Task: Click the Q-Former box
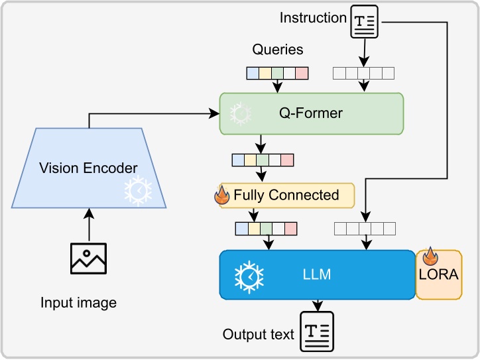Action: pos(312,113)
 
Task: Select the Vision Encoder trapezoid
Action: pos(88,168)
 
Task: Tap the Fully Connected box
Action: pos(286,195)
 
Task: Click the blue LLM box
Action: pos(317,273)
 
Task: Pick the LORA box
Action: pos(438,274)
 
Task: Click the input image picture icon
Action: pos(88,258)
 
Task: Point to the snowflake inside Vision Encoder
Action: pos(138,190)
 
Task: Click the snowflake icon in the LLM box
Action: pos(249,276)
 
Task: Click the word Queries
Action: pos(278,50)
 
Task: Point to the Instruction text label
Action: pos(313,17)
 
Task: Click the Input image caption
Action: pos(78,303)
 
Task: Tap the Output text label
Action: pos(259,334)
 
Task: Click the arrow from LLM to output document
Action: pos(318,305)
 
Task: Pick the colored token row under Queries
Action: pos(278,73)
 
